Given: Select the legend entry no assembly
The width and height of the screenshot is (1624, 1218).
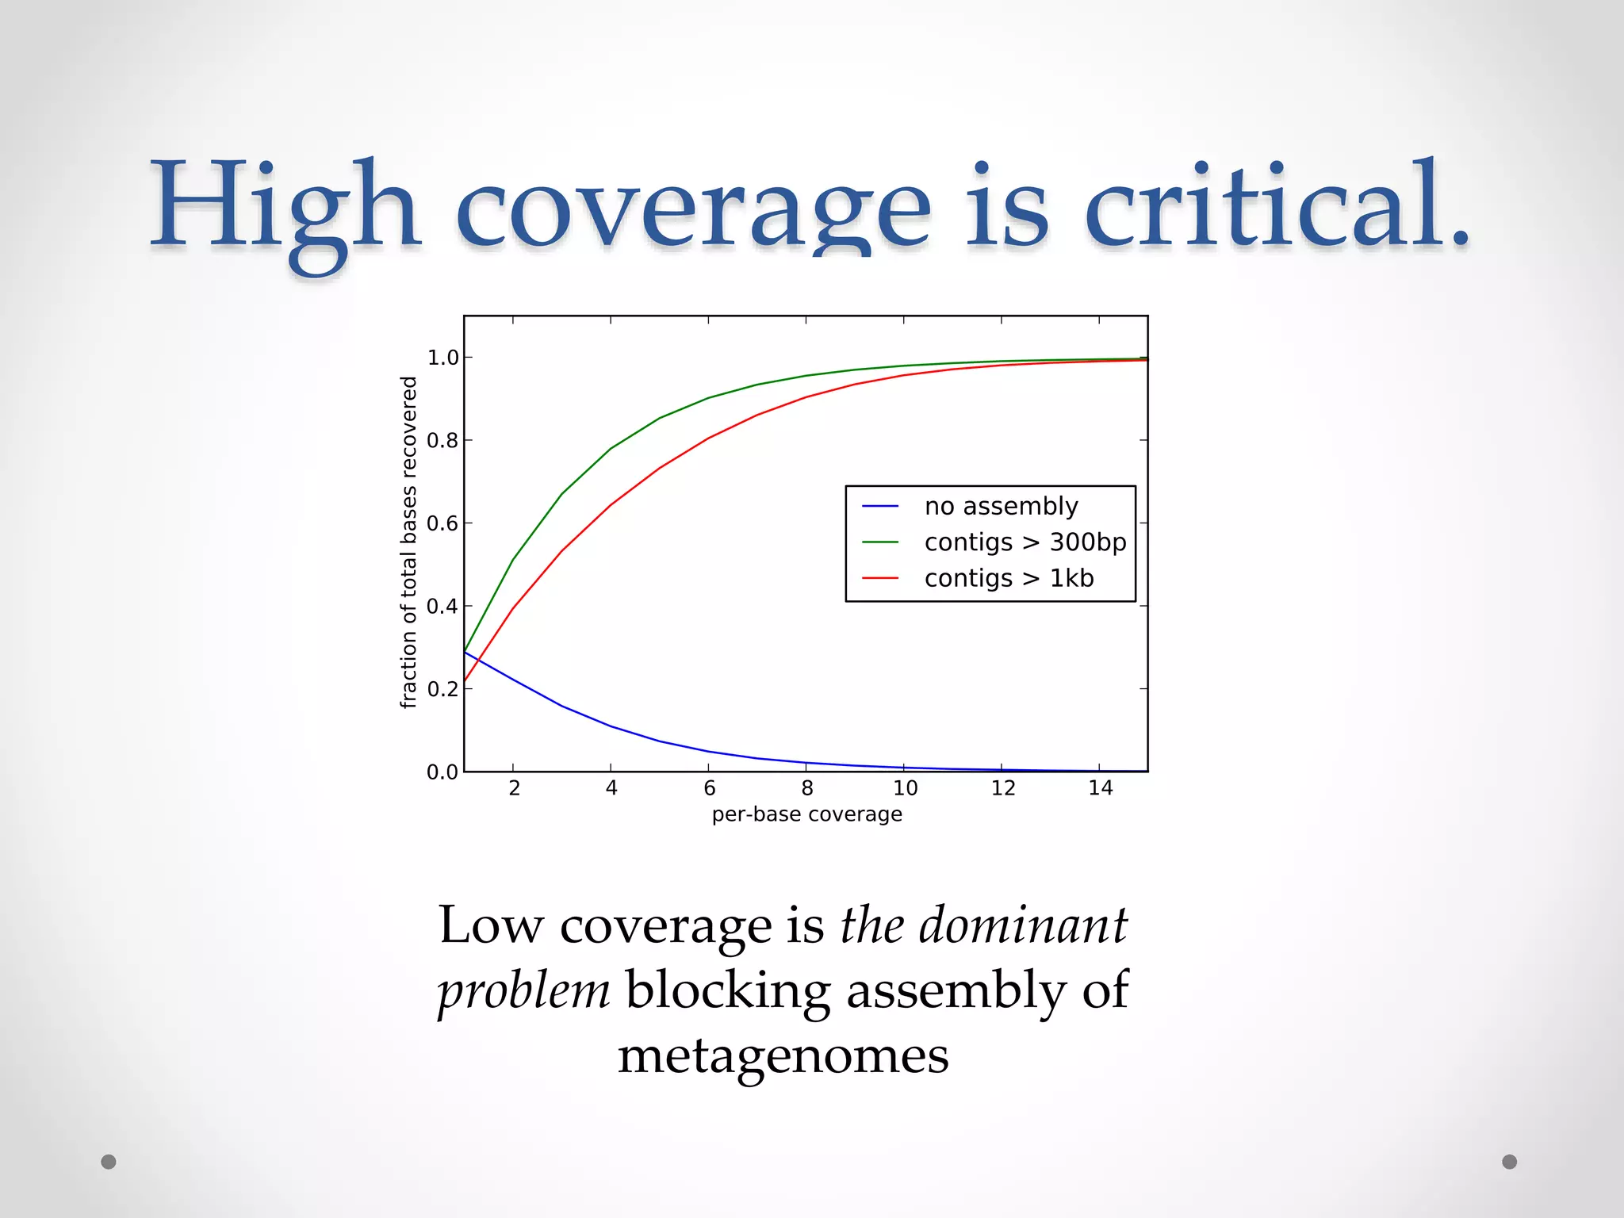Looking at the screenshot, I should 1001,506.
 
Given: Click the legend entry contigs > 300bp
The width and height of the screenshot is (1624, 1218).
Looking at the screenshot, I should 1025,542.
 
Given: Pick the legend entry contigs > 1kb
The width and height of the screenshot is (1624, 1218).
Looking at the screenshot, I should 1009,578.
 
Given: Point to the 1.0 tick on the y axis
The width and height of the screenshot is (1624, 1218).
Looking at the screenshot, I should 443,358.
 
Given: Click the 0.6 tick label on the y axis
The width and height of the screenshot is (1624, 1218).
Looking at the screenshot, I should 443,523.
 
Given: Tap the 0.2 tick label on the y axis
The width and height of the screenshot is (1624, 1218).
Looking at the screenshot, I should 443,689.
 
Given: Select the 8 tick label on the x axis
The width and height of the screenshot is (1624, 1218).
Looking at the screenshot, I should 806,788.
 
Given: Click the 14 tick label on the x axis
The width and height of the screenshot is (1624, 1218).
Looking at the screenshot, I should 1100,788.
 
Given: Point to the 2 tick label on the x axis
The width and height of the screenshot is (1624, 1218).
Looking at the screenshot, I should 514,788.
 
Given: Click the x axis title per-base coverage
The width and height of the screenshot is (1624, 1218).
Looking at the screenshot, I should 806,814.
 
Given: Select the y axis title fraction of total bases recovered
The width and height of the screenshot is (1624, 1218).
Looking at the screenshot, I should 408,542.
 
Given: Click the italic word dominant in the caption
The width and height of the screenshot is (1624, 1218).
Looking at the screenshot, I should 1023,925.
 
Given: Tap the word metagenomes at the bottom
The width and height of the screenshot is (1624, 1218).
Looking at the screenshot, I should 783,1056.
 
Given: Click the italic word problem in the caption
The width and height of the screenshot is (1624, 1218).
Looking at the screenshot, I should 523,992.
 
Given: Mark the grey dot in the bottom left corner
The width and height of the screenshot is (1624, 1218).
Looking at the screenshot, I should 109,1162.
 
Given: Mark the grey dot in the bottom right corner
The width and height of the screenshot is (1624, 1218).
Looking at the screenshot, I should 1509,1162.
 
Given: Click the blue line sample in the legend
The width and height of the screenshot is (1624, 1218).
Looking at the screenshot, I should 880,506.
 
